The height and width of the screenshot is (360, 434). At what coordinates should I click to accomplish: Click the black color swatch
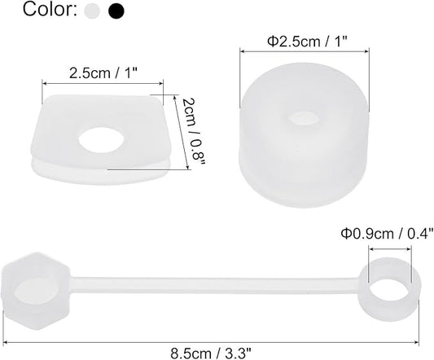click(116, 11)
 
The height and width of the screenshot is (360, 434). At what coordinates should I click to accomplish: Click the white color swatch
click(92, 11)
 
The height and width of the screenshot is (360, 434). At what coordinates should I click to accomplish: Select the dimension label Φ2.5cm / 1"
click(307, 42)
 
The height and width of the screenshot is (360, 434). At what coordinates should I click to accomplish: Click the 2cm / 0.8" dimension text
click(194, 132)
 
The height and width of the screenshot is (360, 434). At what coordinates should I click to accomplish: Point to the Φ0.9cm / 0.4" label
click(387, 234)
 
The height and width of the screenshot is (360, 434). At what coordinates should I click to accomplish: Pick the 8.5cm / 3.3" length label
click(211, 353)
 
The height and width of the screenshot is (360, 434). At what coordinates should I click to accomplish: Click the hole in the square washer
click(101, 139)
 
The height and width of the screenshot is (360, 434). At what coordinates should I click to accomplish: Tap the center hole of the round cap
click(303, 118)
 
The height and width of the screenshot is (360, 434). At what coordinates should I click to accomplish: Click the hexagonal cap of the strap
click(36, 291)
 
